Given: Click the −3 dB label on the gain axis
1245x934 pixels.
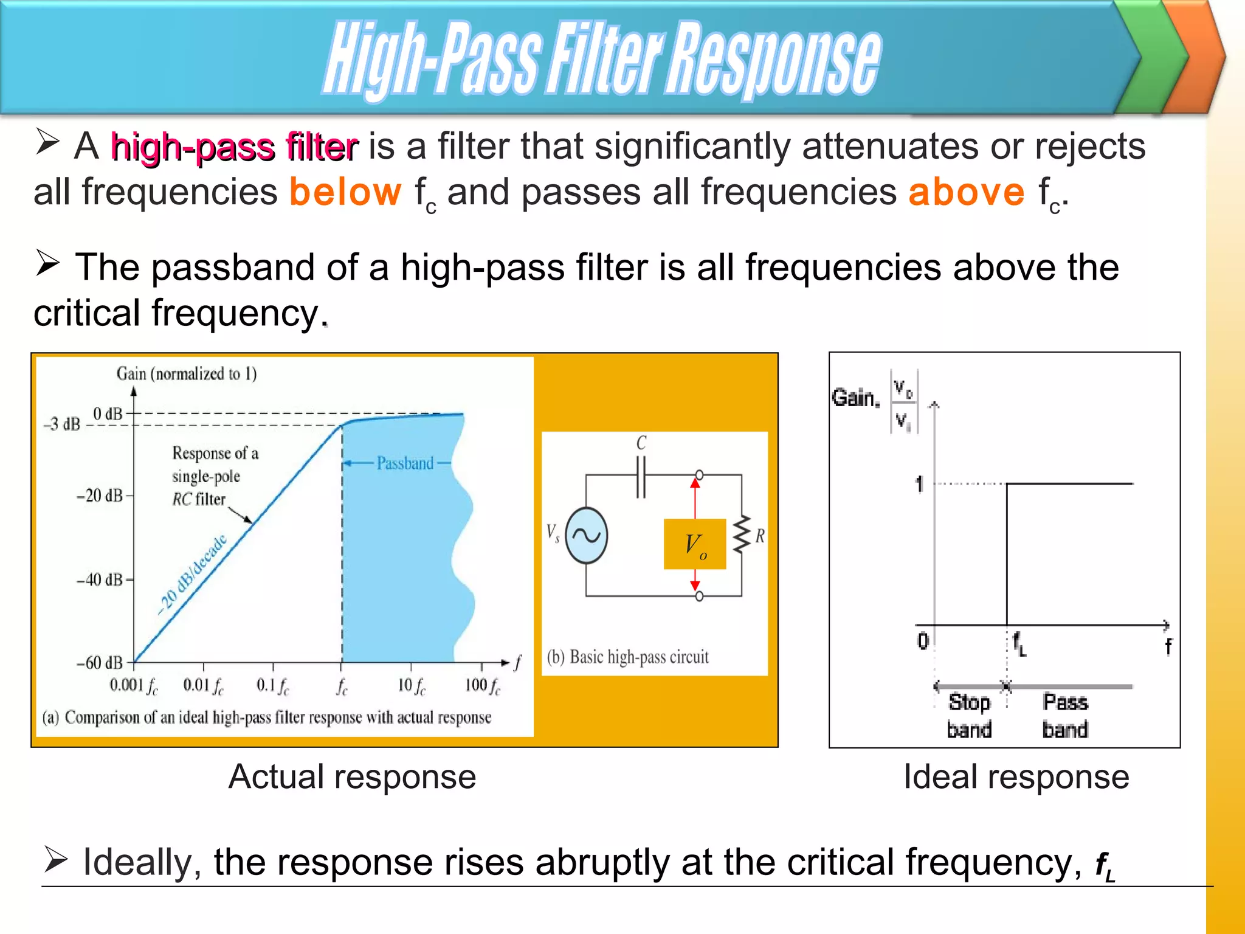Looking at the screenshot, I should click(x=62, y=424).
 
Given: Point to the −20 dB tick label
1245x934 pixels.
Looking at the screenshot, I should click(x=100, y=496).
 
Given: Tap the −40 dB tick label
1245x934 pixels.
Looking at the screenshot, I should click(x=100, y=579).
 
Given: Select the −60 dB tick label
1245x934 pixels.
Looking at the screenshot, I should click(x=100, y=662).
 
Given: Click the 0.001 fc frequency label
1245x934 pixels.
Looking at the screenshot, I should click(x=134, y=686).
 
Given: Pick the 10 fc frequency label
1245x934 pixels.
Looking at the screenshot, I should click(x=412, y=686).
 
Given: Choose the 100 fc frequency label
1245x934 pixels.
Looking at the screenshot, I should click(x=483, y=686).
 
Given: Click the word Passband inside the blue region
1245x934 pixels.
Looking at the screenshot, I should click(x=405, y=463).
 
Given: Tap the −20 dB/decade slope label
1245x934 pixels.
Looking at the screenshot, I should click(x=191, y=575).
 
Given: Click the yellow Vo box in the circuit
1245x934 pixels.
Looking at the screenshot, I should click(x=695, y=544).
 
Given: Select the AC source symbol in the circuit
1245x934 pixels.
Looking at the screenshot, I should click(x=586, y=536).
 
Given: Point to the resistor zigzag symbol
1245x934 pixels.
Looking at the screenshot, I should click(x=742, y=535).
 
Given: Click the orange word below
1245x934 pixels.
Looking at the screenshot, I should click(x=345, y=192).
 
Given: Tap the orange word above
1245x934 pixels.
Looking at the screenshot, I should click(x=967, y=192).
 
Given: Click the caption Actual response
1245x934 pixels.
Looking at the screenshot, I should click(x=352, y=777).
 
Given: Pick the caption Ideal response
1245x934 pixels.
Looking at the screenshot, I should click(x=1016, y=777).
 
